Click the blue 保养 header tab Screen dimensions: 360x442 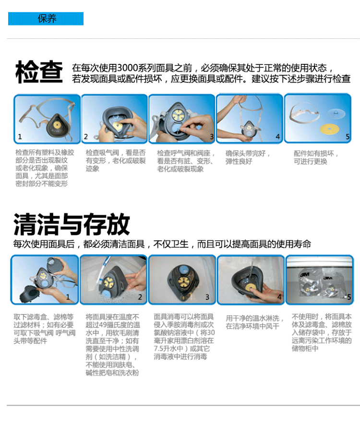coord(46,19)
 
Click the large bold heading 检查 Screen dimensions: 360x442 coord(39,72)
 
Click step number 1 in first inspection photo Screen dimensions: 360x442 coord(20,137)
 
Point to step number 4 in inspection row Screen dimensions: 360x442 coord(278,137)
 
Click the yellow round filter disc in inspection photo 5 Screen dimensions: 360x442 coord(329,129)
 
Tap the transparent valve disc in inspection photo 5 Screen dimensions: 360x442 coord(336,113)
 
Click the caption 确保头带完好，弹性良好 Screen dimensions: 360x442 coord(248,157)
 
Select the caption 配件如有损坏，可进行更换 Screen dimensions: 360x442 coord(316,157)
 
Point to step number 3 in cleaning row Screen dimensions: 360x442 coord(207,297)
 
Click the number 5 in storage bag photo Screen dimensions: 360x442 coord(349,297)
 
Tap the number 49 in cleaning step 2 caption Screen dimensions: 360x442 coord(103,325)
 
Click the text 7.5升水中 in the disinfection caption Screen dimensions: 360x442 coord(168,349)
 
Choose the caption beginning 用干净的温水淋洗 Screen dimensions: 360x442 coord(255,322)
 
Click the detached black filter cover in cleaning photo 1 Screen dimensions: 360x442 coord(29,294)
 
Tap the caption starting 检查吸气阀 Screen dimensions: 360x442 coord(116,160)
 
